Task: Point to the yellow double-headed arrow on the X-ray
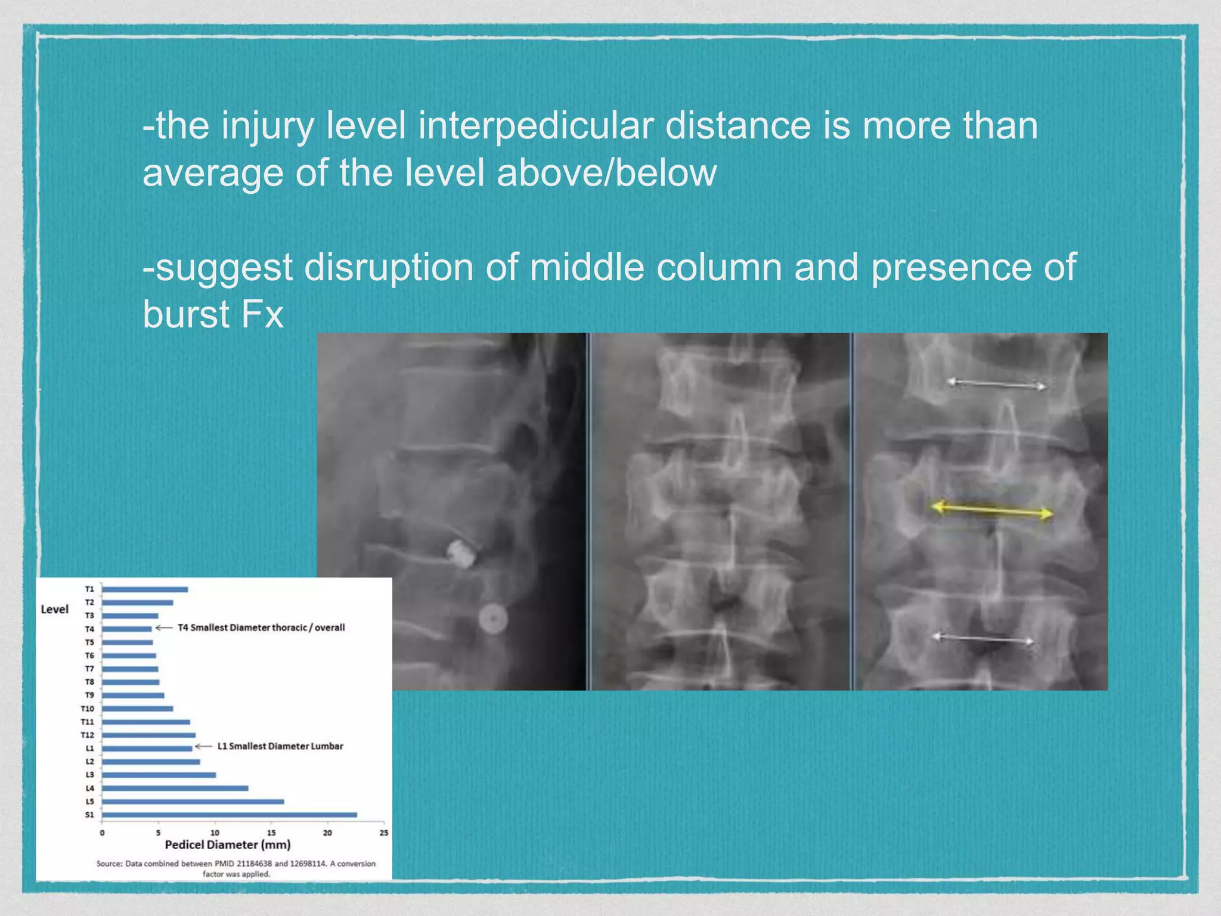pos(992,510)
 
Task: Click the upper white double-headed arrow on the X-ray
pos(996,385)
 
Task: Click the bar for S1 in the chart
pos(230,815)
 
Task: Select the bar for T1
pos(145,589)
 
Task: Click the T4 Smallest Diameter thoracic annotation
pos(261,628)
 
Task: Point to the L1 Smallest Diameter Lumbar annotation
pos(280,747)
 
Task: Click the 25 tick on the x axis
pos(383,833)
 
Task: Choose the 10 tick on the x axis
pos(215,833)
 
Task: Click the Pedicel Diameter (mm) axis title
pos(228,845)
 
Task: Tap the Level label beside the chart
pos(54,609)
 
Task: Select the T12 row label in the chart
pos(88,735)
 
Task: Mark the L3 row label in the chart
pos(89,775)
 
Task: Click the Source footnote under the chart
pos(236,869)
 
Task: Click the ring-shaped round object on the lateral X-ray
pos(493,619)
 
